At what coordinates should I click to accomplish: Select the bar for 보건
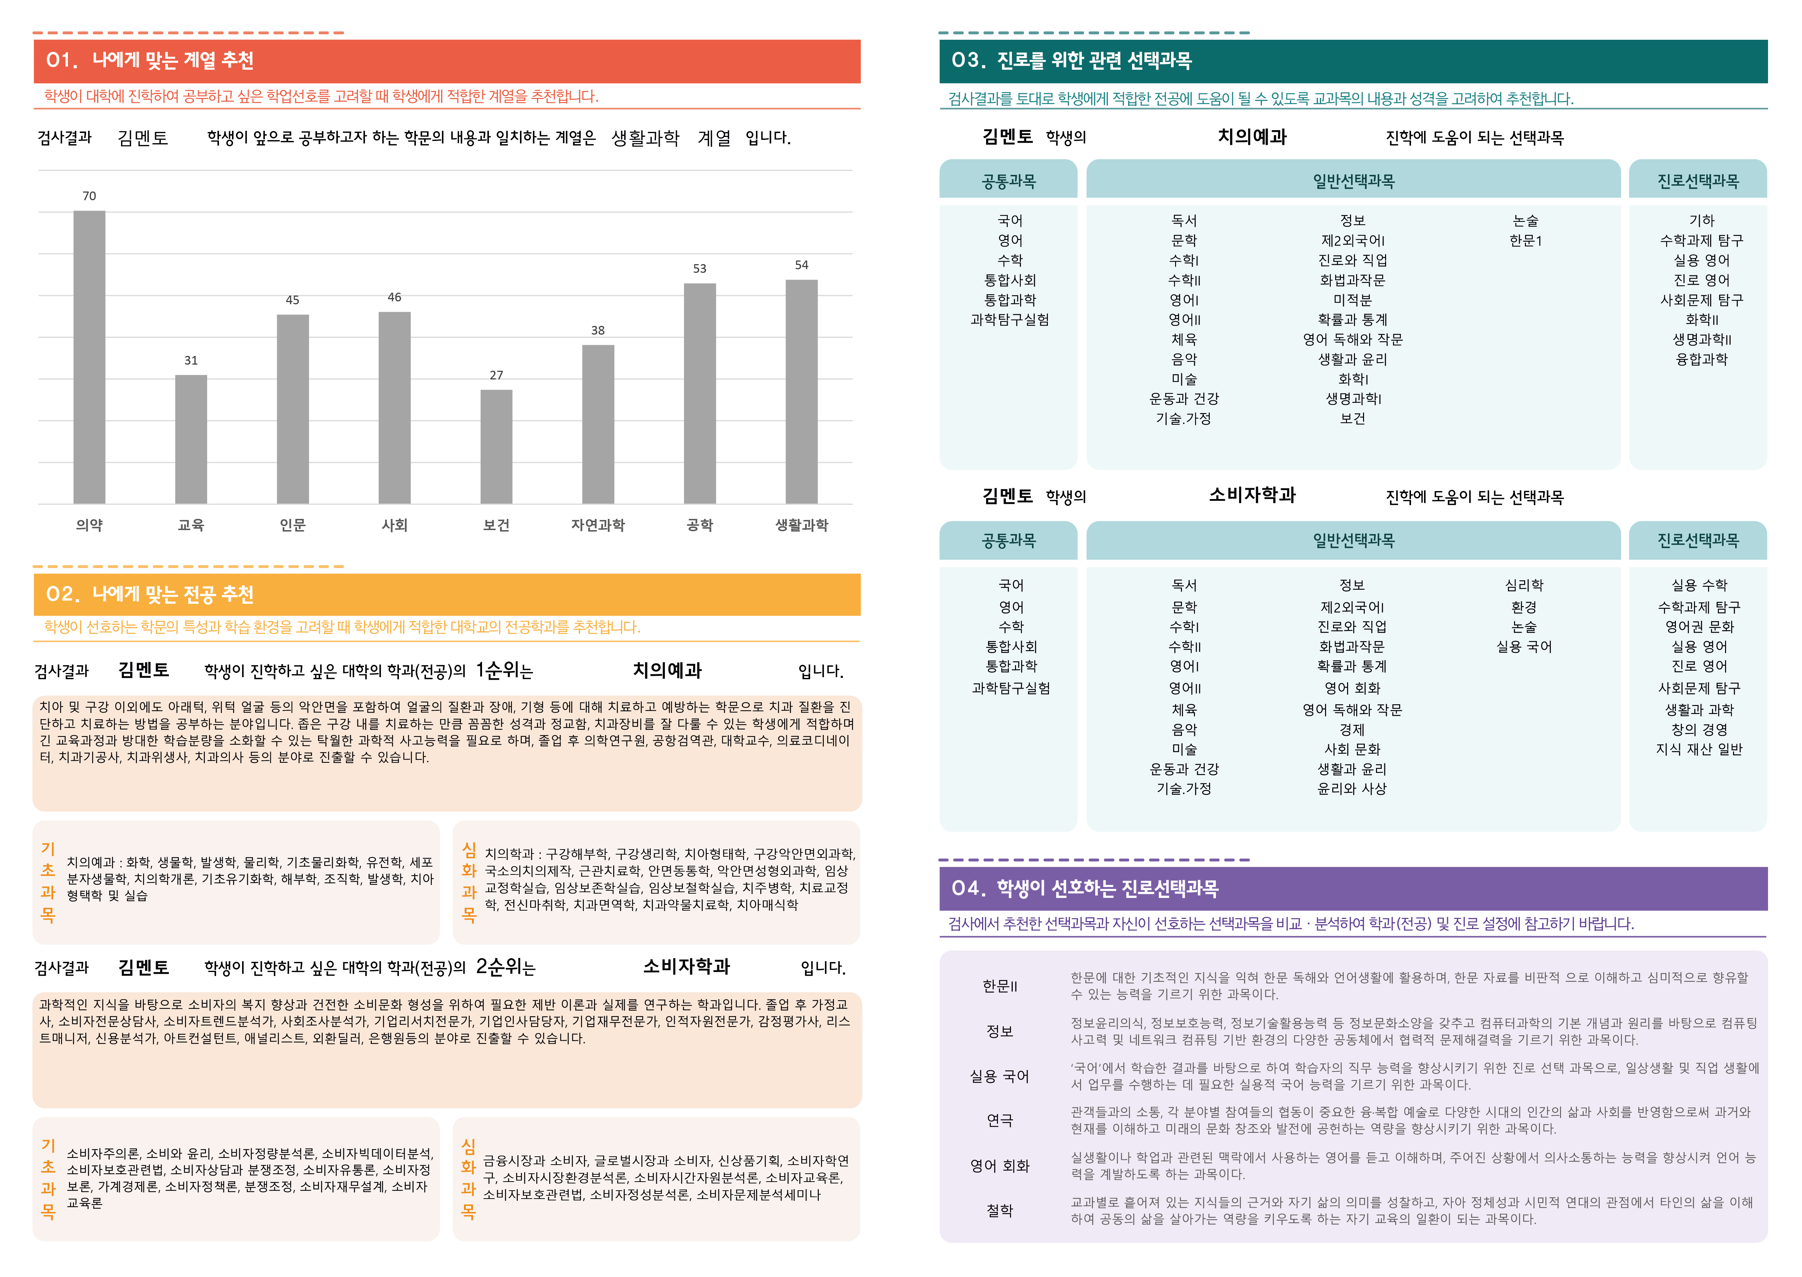point(496,447)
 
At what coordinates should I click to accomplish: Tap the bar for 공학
point(700,393)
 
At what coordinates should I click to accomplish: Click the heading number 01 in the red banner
point(61,61)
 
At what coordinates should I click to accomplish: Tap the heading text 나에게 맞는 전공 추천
point(173,594)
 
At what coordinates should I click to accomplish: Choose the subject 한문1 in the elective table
point(1525,241)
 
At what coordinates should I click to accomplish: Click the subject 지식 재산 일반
point(1699,749)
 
